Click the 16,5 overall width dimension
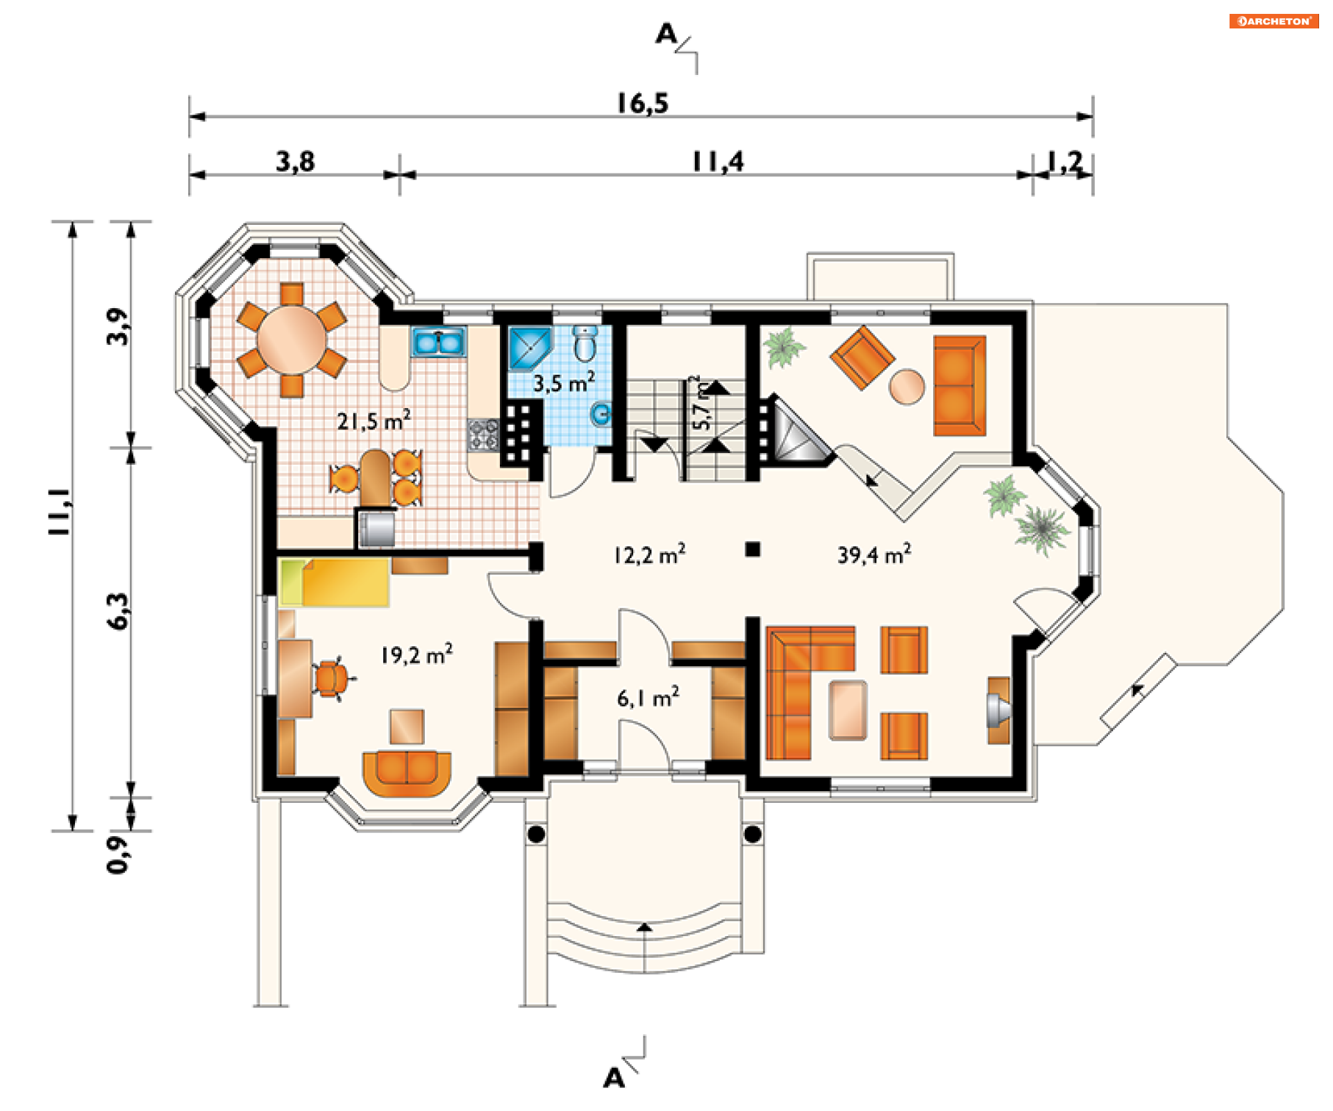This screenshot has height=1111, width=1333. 642,103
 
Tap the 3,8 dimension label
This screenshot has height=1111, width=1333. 295,162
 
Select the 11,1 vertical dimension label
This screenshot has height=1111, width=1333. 59,511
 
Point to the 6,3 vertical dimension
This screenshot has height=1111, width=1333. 118,611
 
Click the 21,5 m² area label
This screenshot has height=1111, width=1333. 374,420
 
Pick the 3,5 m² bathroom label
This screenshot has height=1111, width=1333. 564,382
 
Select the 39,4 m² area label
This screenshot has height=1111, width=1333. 874,554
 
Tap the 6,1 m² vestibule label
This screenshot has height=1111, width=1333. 648,697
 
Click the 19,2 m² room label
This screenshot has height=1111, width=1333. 417,654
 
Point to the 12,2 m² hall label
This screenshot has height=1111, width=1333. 649,554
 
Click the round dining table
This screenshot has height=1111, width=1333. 292,340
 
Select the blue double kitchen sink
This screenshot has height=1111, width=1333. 438,342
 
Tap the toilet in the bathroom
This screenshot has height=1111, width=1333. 585,343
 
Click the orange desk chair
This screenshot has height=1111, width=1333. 331,678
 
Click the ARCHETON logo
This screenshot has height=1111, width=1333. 1273,21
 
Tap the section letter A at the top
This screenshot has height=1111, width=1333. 666,33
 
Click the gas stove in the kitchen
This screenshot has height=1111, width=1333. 483,435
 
